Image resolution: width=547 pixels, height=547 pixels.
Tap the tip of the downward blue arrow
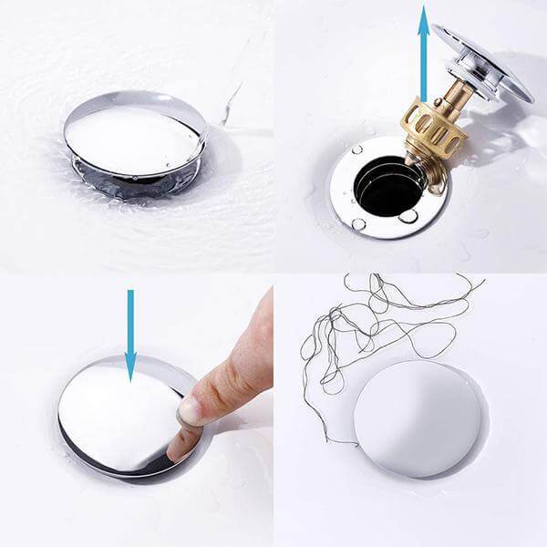[130, 377]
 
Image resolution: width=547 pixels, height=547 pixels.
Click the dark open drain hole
[387, 187]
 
